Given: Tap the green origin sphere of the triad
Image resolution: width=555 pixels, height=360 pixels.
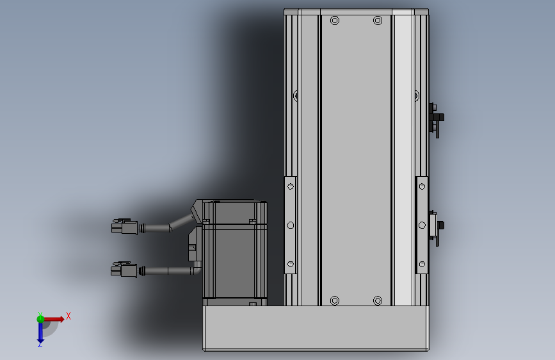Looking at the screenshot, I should pos(40,318).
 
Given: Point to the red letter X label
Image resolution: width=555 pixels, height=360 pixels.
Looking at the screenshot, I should pos(68,315).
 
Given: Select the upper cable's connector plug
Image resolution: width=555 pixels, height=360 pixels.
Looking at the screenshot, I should pos(124,227).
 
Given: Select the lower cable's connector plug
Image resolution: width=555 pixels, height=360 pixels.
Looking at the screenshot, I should pos(124,270).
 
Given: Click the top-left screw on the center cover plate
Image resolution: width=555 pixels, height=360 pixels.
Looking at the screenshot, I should pos(334,21).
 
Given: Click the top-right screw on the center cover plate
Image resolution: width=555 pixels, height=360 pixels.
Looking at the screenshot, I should pos(378,21).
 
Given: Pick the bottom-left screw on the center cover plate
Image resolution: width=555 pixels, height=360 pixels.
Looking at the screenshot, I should pos(334,300).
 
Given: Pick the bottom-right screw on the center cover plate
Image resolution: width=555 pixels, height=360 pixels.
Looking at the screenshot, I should pos(378,300).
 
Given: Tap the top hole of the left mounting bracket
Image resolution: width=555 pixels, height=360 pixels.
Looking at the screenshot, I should pos(291,187).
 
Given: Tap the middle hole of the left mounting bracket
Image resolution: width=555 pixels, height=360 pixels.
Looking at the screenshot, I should pos(291,225).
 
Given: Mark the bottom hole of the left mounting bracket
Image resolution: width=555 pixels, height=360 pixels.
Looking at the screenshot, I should pos(291,263).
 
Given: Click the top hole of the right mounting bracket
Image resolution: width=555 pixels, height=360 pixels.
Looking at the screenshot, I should pos(422,187).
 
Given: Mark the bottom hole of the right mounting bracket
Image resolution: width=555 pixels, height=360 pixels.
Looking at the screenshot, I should pos(422,263).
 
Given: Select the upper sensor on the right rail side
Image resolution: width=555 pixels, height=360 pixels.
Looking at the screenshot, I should pos(437,119).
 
